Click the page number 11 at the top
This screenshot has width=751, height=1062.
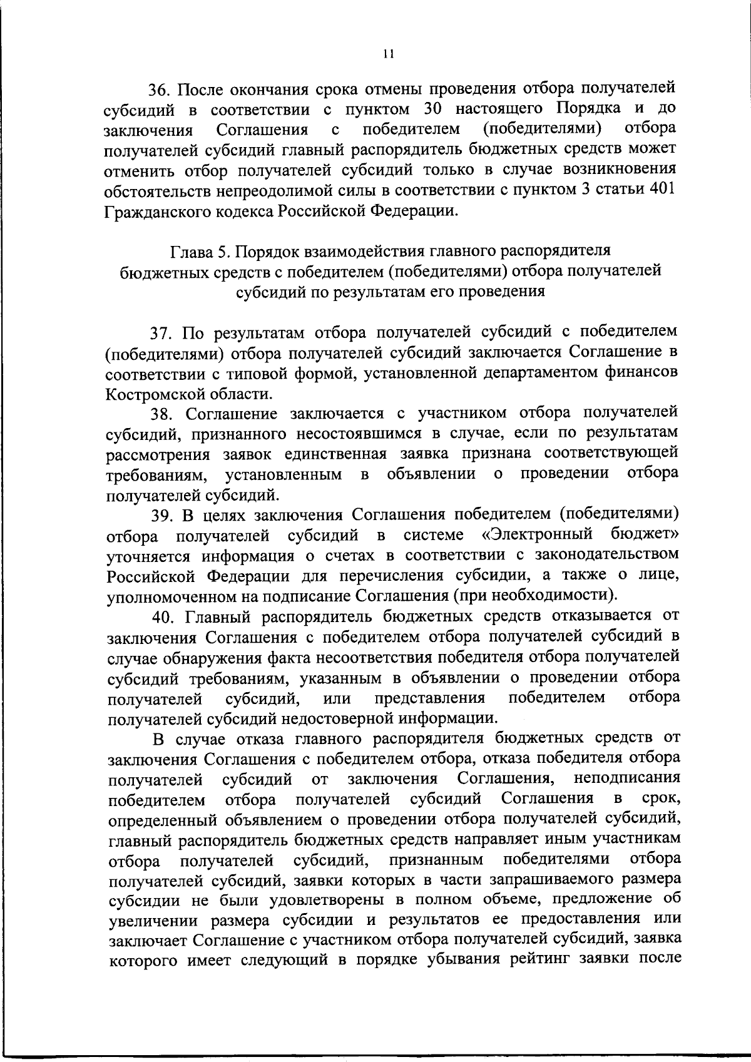click(388, 54)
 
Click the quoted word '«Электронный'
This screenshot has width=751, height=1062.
click(534, 535)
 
